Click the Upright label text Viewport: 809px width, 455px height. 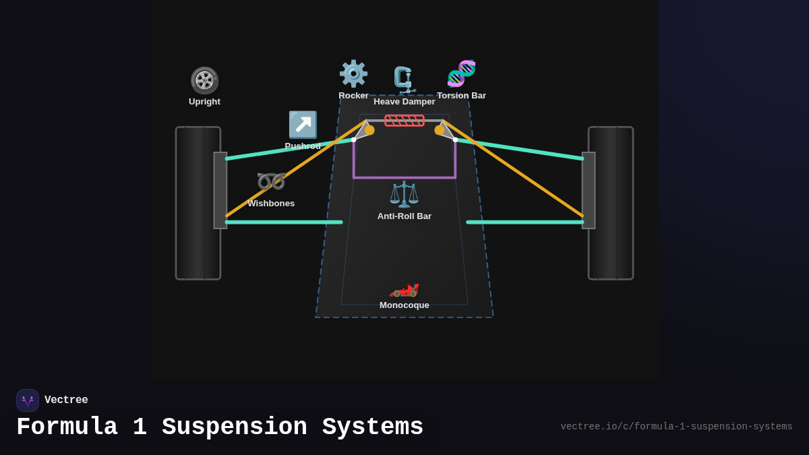coord(204,102)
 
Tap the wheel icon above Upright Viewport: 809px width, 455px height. coord(204,80)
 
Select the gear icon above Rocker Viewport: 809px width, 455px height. coord(353,73)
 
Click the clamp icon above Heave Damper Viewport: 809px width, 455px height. coord(404,80)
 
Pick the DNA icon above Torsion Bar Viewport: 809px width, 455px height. coord(461,73)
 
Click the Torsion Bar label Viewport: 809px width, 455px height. coord(461,96)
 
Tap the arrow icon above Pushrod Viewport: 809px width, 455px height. coord(303,125)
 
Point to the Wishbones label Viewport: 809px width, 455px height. coord(271,204)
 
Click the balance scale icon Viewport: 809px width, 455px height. coord(404,194)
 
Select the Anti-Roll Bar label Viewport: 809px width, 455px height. coord(404,216)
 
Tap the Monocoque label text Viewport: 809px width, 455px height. coord(404,305)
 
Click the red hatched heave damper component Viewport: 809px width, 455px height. coord(404,121)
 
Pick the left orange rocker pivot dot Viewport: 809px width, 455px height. coord(369,130)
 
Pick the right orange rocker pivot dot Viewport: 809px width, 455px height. coord(440,130)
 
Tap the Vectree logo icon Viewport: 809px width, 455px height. coord(28,400)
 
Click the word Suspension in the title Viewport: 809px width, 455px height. coord(234,427)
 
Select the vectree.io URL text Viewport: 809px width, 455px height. coord(676,427)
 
